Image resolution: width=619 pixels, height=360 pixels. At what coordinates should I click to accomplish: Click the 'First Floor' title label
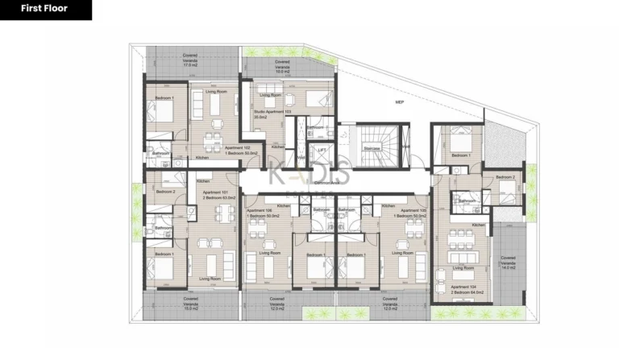[46, 10]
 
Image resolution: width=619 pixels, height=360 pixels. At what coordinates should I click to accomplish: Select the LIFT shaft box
[321, 151]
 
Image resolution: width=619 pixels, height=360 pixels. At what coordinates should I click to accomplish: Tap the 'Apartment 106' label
[264, 211]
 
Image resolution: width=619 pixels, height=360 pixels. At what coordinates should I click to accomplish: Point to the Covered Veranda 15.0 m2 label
[168, 303]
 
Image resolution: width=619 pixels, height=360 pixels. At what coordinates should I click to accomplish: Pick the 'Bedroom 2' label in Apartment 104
[505, 177]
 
